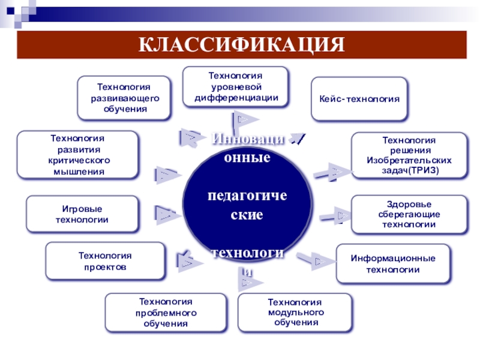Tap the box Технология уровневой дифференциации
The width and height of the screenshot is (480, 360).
pos(235,87)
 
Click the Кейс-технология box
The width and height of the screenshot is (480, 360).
pos(359,98)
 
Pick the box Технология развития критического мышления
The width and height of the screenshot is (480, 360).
pos(77,155)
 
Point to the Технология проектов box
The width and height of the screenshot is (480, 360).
pos(105,261)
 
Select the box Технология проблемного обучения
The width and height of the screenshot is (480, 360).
pos(166,312)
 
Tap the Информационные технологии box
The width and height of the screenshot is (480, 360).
pos(393,263)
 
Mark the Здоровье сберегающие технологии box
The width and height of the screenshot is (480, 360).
pos(409,214)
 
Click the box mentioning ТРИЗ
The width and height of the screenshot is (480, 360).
pos(409,155)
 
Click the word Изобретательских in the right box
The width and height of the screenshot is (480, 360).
pos(409,161)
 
